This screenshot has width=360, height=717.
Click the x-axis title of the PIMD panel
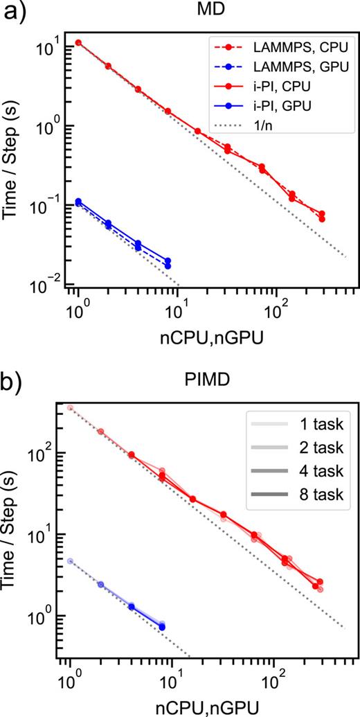tap(207, 700)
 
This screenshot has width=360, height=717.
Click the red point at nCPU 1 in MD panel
tap(78, 43)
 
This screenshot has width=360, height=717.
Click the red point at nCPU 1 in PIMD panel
tap(70, 408)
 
